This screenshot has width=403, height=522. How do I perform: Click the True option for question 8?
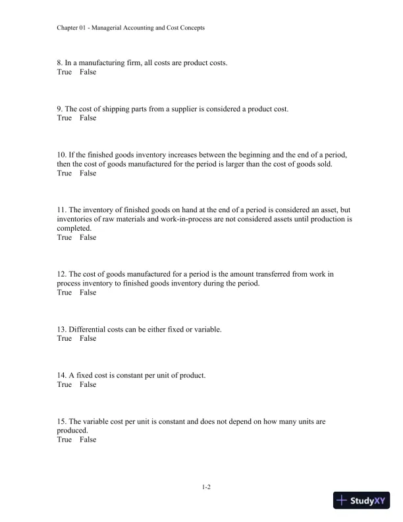point(65,72)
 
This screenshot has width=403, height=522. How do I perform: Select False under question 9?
point(88,119)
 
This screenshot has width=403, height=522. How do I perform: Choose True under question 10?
point(65,174)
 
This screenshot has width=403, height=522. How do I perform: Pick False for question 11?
point(88,238)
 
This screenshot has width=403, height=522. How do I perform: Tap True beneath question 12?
point(65,293)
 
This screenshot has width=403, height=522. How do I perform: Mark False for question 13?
point(88,339)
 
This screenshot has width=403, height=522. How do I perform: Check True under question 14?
point(65,385)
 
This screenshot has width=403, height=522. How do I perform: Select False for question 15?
point(88,440)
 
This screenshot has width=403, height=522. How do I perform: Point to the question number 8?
point(60,63)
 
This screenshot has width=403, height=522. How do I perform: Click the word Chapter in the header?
point(68,28)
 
